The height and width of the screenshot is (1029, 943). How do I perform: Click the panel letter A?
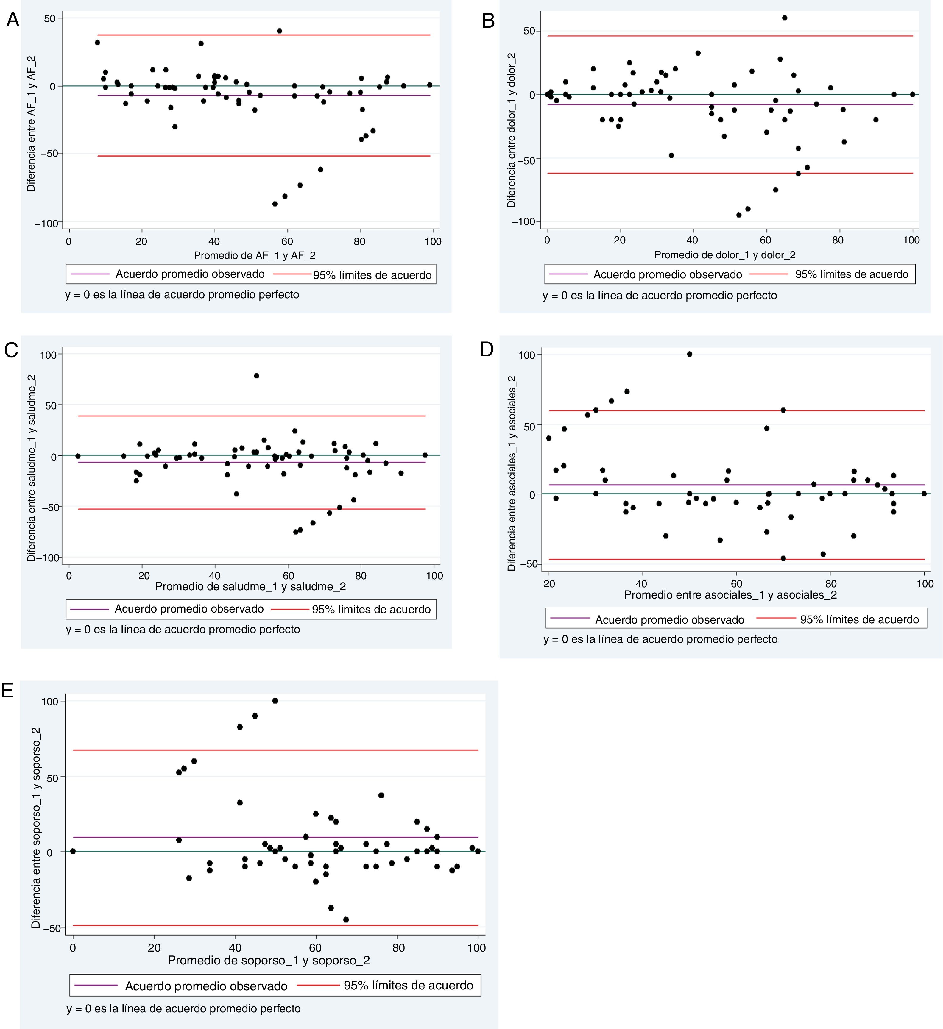(12, 21)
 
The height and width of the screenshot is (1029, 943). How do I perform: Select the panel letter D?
(487, 350)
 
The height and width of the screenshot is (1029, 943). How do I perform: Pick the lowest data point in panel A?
(275, 204)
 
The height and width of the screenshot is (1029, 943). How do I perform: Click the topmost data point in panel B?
(785, 18)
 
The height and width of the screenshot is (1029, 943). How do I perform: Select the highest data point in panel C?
(256, 376)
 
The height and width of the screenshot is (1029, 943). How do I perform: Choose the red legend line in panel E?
(318, 985)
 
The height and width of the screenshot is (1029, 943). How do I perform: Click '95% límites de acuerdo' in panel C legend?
(371, 609)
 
